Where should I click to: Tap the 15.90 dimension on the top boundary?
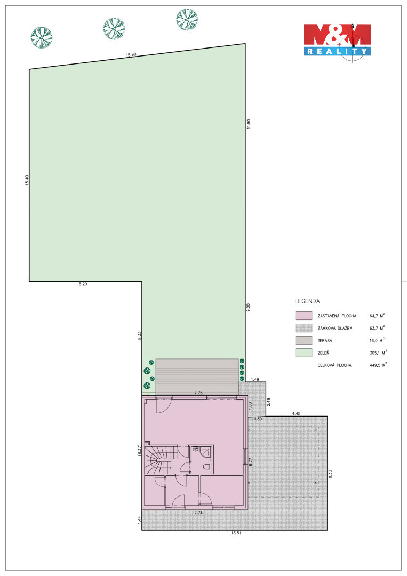click(x=131, y=55)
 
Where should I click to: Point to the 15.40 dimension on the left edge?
click(x=27, y=180)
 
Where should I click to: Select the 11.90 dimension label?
click(x=249, y=124)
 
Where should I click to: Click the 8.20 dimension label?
click(x=83, y=284)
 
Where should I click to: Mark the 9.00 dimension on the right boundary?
click(x=249, y=307)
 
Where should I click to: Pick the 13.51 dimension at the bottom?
click(x=236, y=533)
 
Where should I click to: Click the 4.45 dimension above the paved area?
click(x=296, y=414)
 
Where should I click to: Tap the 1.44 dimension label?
click(x=139, y=521)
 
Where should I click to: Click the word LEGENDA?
click(x=307, y=301)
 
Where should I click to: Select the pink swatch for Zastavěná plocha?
click(x=304, y=316)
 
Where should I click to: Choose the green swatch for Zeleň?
click(x=304, y=353)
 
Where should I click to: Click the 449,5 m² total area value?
click(x=378, y=365)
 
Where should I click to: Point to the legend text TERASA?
click(x=325, y=340)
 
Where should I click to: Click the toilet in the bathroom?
click(x=206, y=467)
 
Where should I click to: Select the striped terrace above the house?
click(x=197, y=377)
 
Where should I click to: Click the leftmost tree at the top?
click(x=42, y=37)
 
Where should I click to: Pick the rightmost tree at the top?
click(x=187, y=20)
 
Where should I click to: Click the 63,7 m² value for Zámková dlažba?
click(x=377, y=327)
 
